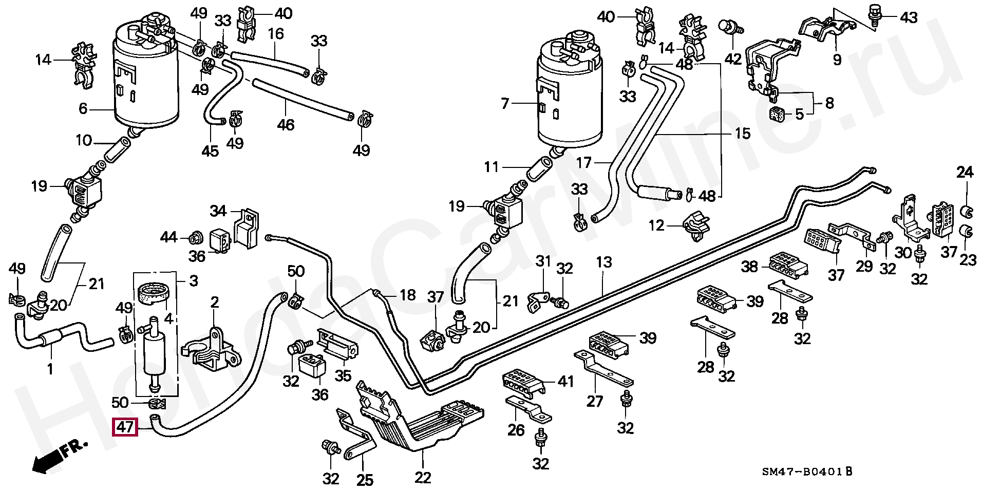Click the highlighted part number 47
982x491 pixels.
[x=125, y=428]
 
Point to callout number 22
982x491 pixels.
[x=423, y=477]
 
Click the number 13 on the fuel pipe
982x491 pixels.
[x=604, y=262]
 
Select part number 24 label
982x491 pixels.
[x=965, y=173]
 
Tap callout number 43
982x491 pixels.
[x=908, y=17]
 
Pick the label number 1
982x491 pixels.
[x=50, y=369]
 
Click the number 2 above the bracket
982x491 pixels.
[x=214, y=301]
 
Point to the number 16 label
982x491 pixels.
[x=276, y=34]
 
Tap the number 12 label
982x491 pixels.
[x=656, y=225]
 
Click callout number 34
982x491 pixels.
[x=218, y=211]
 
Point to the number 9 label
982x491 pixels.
[x=837, y=60]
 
